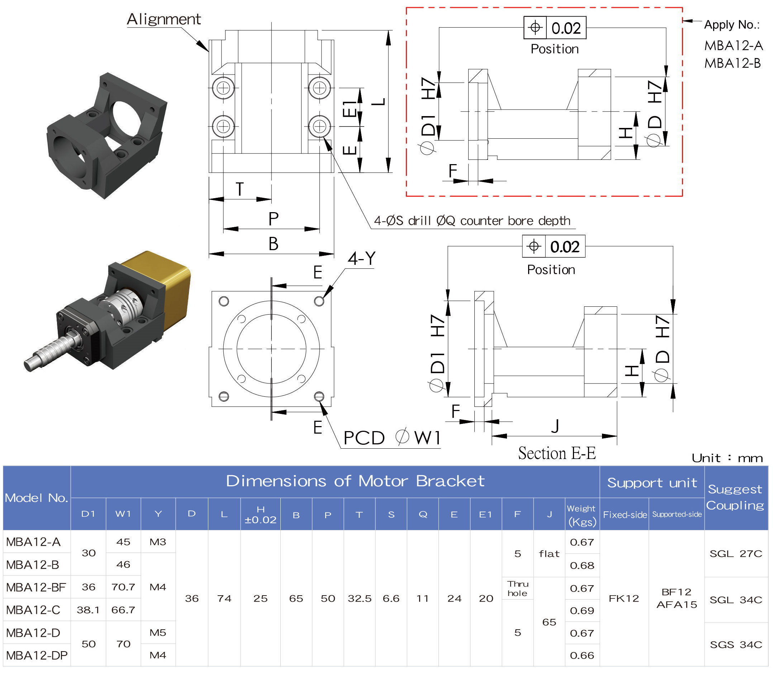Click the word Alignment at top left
[x=164, y=19]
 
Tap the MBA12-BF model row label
[x=36, y=587]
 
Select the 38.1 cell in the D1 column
[x=88, y=610]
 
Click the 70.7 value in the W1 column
[x=123, y=587]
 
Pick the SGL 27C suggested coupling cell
[x=735, y=554]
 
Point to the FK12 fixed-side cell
[x=624, y=598]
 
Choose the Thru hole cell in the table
[x=517, y=588]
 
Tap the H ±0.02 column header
[x=260, y=515]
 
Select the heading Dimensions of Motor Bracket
[x=355, y=481]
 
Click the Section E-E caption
[x=557, y=453]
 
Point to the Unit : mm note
[x=727, y=458]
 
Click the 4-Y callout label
[x=361, y=258]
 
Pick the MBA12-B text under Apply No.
[x=732, y=63]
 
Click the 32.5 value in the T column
[x=359, y=598]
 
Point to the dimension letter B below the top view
[x=273, y=244]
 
